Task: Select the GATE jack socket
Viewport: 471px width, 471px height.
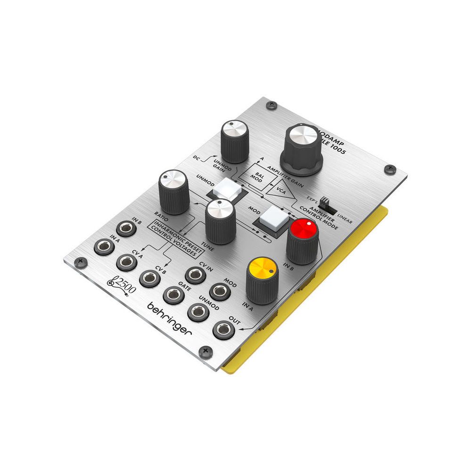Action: [173, 295]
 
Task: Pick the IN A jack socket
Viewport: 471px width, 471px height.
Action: [104, 246]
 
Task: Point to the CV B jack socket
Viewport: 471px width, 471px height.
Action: [149, 278]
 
